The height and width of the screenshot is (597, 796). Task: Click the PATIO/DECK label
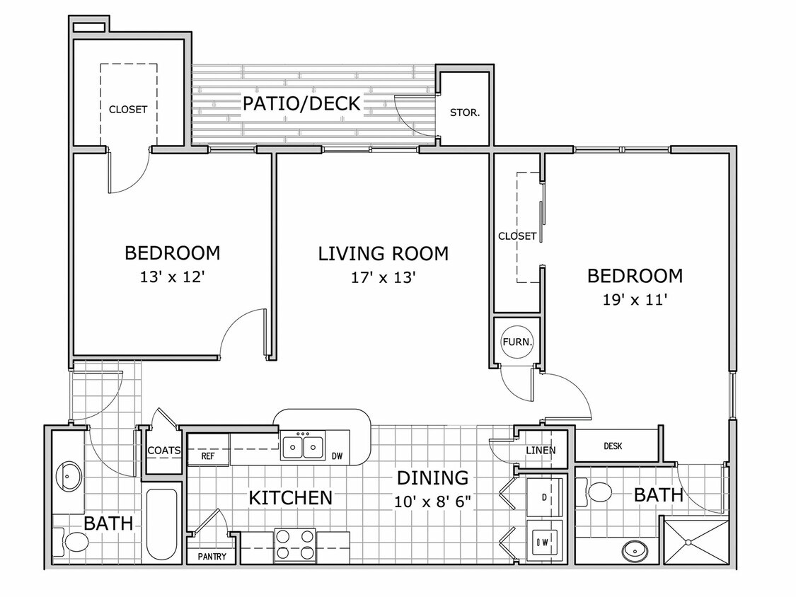coord(301,103)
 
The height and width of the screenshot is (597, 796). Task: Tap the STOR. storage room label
coord(464,112)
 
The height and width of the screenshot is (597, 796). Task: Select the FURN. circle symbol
coord(517,342)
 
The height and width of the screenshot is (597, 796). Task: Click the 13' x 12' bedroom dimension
coord(172,277)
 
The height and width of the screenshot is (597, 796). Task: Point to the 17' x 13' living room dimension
coord(383,278)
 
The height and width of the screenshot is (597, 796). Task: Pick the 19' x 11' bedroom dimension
coord(635,299)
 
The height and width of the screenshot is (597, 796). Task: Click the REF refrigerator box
coord(208,449)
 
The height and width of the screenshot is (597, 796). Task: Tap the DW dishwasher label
coord(337,456)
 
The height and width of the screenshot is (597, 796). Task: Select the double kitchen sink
coord(303,446)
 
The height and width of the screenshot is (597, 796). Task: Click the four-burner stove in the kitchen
coord(294,545)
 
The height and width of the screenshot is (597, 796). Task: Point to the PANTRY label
coord(212,557)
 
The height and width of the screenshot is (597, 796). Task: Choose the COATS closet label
coord(164,451)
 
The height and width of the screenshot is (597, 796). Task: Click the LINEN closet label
coord(540,451)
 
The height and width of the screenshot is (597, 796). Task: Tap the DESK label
coord(613,446)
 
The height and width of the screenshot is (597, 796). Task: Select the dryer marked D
coord(544,497)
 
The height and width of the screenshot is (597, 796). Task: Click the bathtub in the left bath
coord(162,524)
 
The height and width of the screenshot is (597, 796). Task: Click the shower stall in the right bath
coord(696,541)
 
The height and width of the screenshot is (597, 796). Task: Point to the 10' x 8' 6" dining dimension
coord(432,502)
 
